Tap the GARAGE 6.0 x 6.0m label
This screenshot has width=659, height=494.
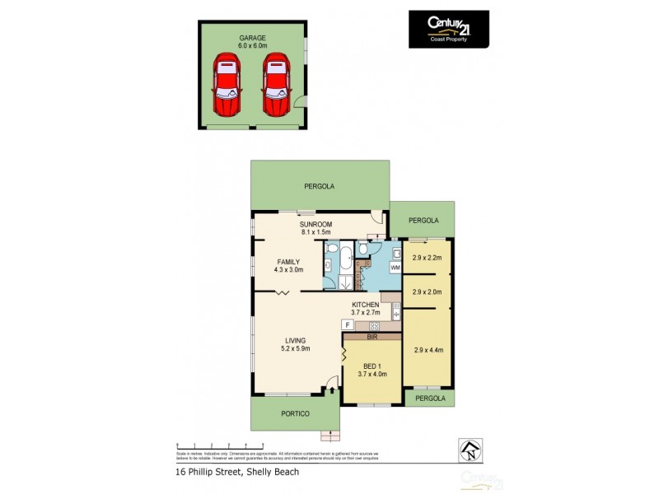point(252,42)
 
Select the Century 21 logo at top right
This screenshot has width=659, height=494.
point(448,29)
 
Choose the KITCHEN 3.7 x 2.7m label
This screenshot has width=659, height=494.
point(365,309)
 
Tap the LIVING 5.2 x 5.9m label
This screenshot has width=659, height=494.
point(295,344)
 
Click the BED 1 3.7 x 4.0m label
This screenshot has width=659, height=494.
point(372,370)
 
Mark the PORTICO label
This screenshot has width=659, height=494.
point(295,413)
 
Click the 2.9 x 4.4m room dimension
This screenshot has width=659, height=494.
point(428,350)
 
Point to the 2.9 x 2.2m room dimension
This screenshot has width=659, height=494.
point(428,258)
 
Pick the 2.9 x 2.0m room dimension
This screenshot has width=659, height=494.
point(428,291)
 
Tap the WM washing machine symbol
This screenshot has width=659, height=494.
point(395,268)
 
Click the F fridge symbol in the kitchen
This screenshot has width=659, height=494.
point(347,325)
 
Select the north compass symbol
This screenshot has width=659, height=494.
point(470,449)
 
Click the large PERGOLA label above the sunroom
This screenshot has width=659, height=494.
point(320,186)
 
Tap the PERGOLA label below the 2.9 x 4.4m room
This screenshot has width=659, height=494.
point(428,398)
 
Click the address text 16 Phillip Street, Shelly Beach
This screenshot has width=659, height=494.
point(237,472)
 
